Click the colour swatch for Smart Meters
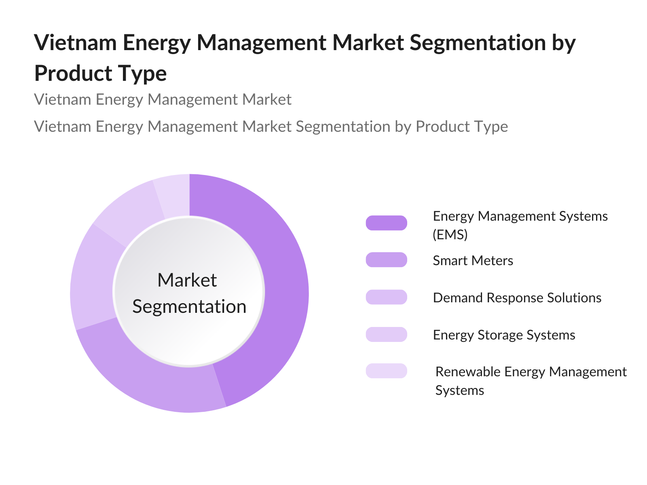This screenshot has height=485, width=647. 386,260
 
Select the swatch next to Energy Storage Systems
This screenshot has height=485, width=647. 386,334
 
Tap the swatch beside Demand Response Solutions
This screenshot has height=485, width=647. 386,297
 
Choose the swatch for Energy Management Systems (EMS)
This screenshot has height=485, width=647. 386,223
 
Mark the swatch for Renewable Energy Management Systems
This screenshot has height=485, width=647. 386,371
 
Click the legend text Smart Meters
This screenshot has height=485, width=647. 473,261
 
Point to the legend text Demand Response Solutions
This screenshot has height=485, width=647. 517,298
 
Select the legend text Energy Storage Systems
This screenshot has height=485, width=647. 504,335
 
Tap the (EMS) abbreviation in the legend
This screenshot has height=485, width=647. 450,235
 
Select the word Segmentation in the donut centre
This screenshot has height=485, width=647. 189,307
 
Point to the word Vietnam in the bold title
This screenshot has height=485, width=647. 76,43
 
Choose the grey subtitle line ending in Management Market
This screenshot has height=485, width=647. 163,99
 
